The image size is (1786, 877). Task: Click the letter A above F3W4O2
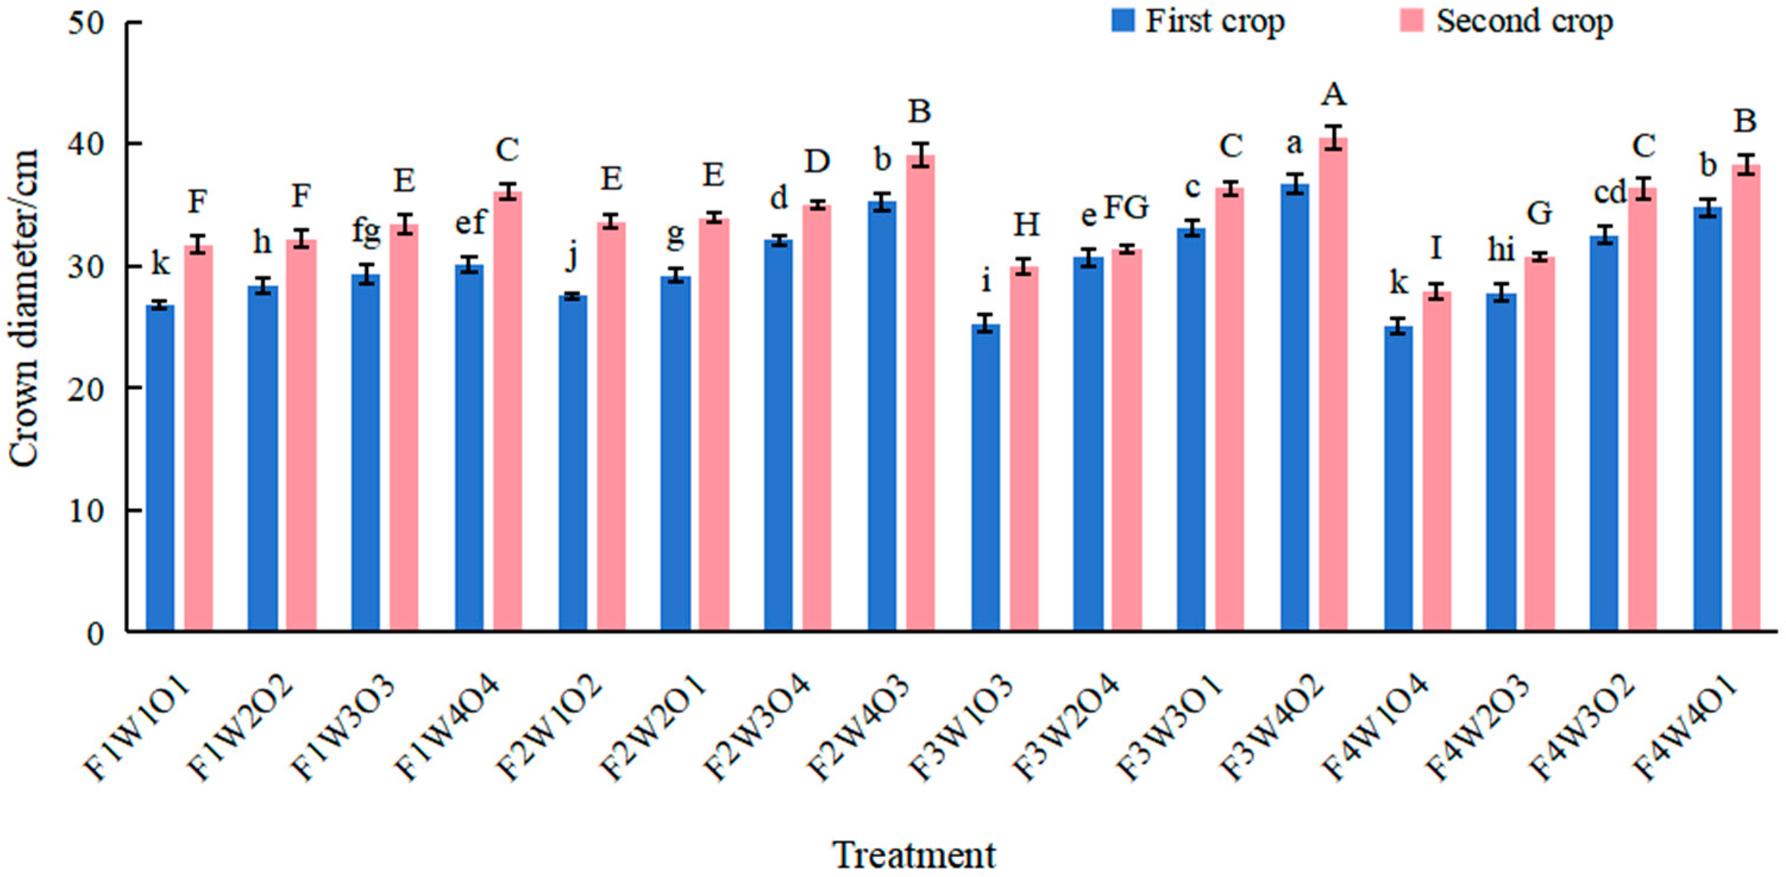tap(1333, 95)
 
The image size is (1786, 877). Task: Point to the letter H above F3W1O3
tap(1026, 225)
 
